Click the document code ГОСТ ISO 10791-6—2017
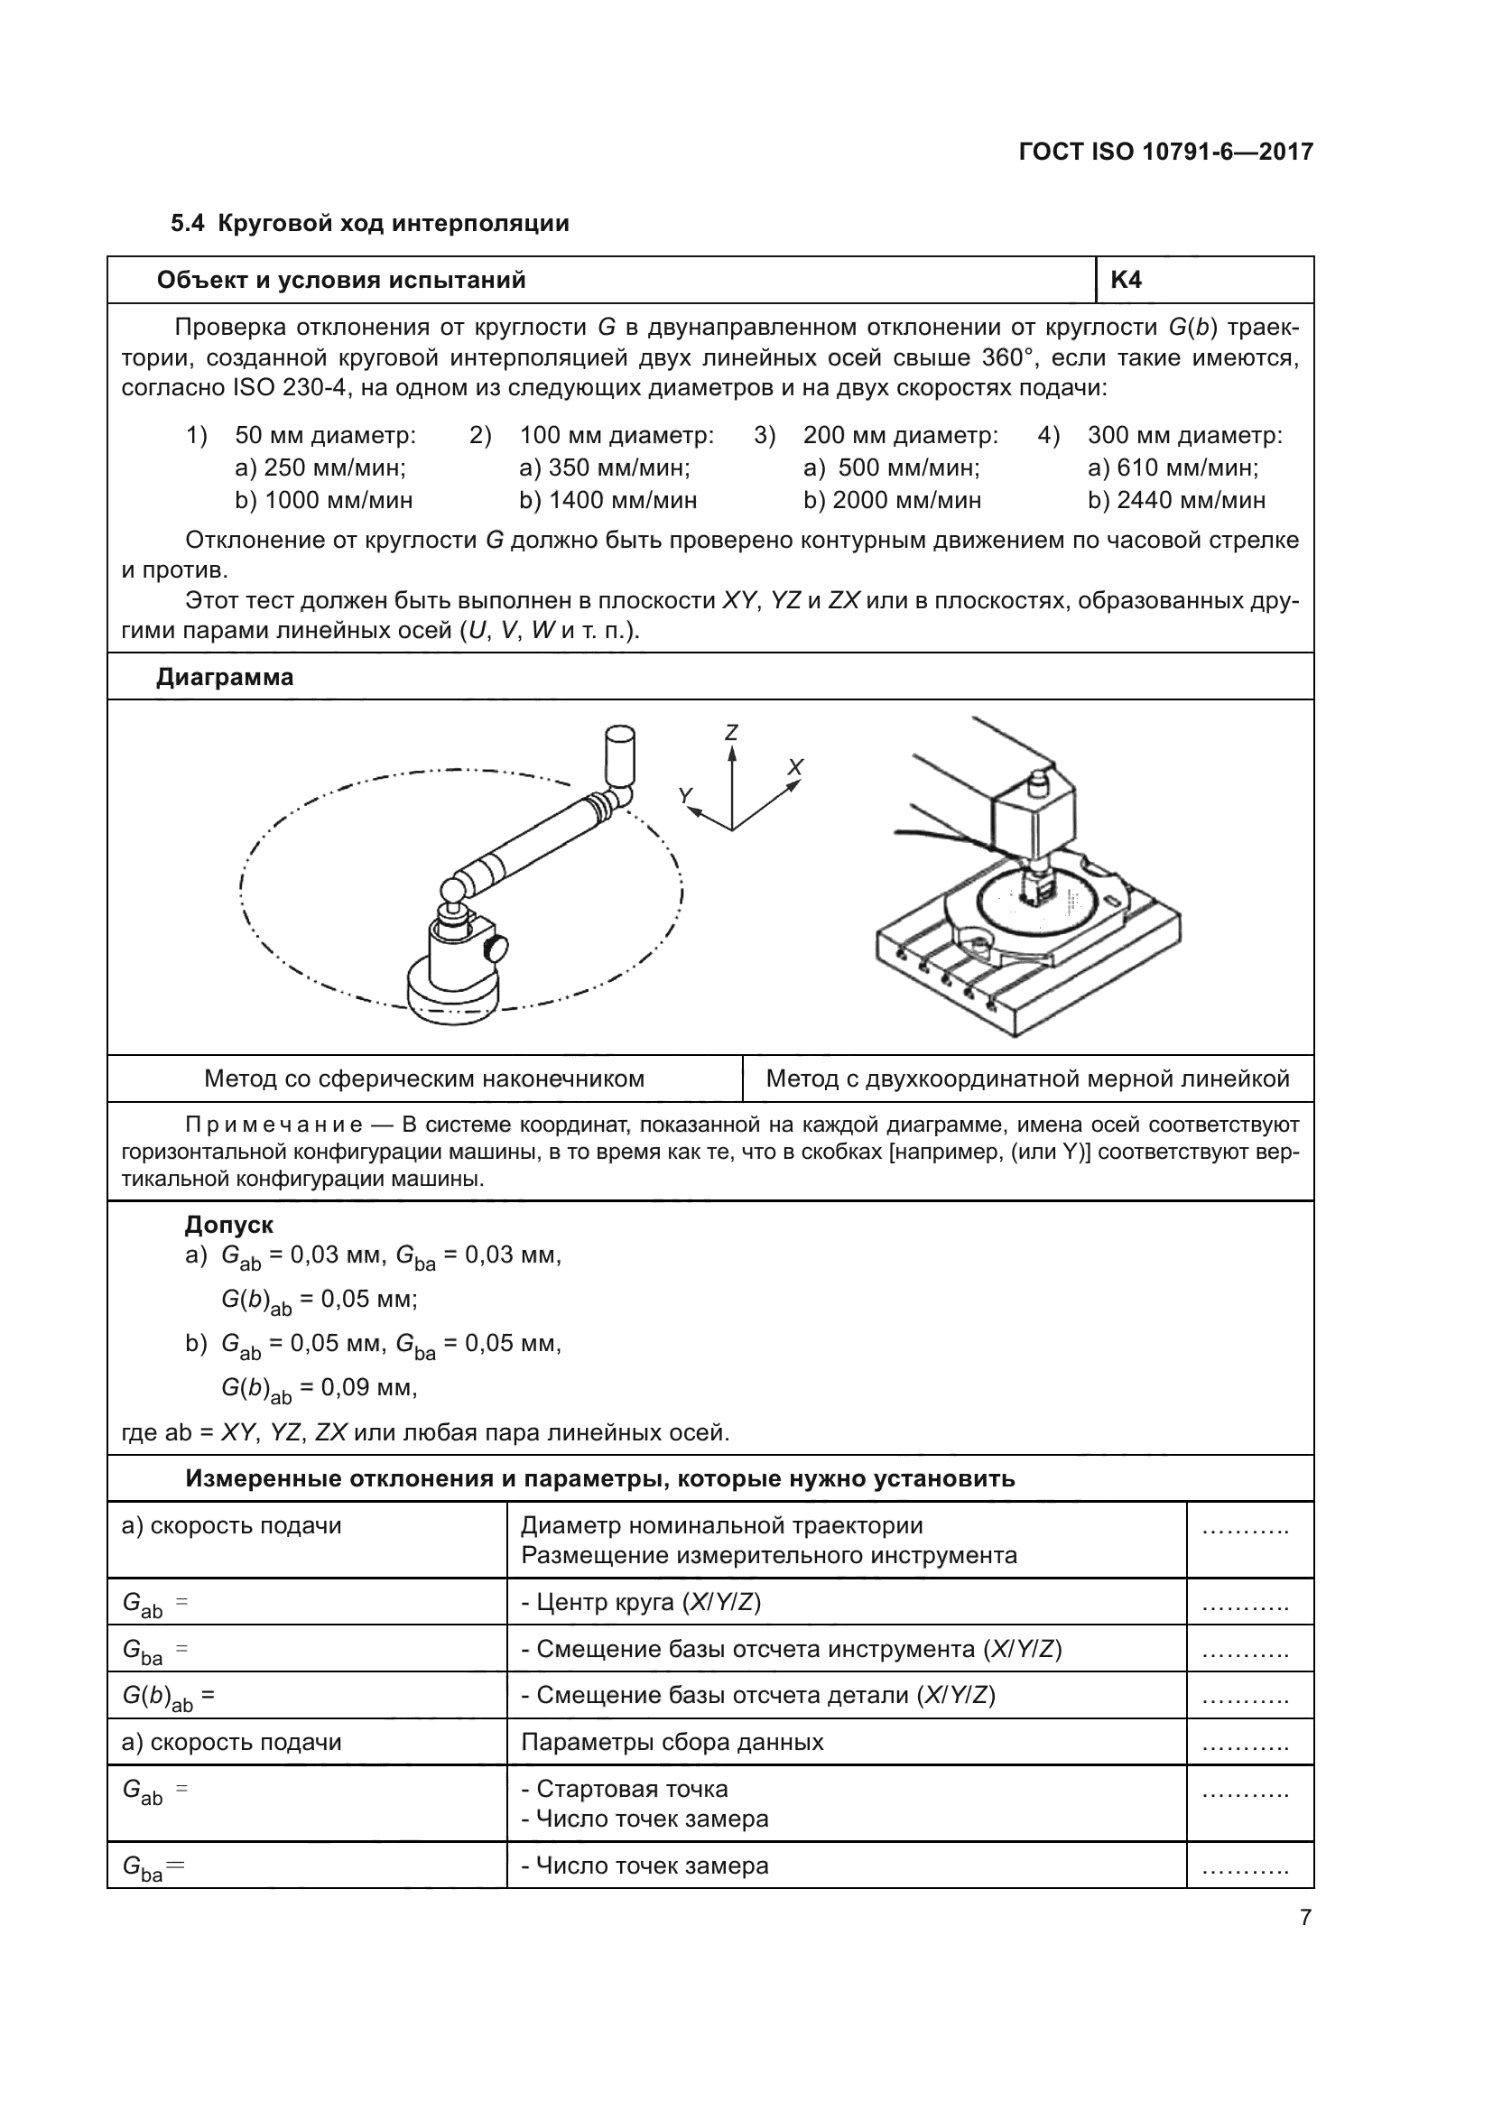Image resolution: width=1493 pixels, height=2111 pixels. (1165, 152)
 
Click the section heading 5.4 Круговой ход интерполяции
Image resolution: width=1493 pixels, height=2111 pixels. (369, 224)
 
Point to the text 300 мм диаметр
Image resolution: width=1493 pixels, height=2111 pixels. (1184, 435)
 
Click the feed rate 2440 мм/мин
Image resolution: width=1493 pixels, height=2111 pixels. (1177, 500)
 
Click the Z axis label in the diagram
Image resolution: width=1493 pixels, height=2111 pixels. (731, 733)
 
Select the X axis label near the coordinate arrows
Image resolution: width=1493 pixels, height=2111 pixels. (795, 767)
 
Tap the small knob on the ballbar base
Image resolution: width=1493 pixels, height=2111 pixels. (499, 947)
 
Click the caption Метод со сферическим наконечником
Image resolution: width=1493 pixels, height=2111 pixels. (424, 1079)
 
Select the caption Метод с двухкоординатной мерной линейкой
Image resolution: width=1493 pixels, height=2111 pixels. (1027, 1079)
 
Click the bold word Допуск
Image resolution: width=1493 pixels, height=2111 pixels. (229, 1225)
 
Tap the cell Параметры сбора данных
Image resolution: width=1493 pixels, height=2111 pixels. (672, 1742)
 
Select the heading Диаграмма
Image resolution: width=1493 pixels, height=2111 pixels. (226, 677)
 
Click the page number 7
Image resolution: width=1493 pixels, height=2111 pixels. (1304, 1918)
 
